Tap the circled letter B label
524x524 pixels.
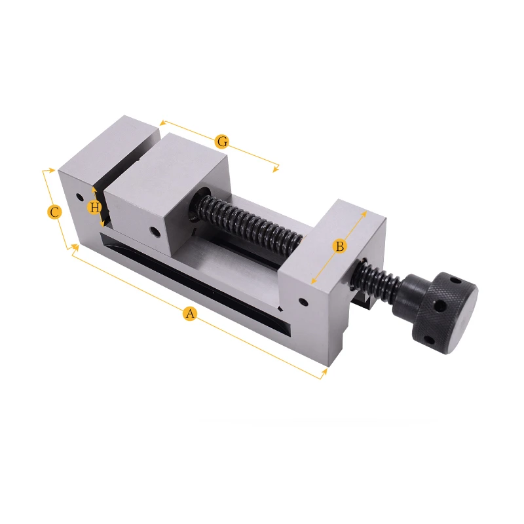click(339, 246)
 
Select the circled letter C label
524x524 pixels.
click(55, 212)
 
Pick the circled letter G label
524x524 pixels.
click(222, 141)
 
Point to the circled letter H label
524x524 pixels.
click(95, 208)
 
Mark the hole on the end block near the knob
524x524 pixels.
click(303, 303)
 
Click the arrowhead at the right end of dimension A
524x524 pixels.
click(324, 373)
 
